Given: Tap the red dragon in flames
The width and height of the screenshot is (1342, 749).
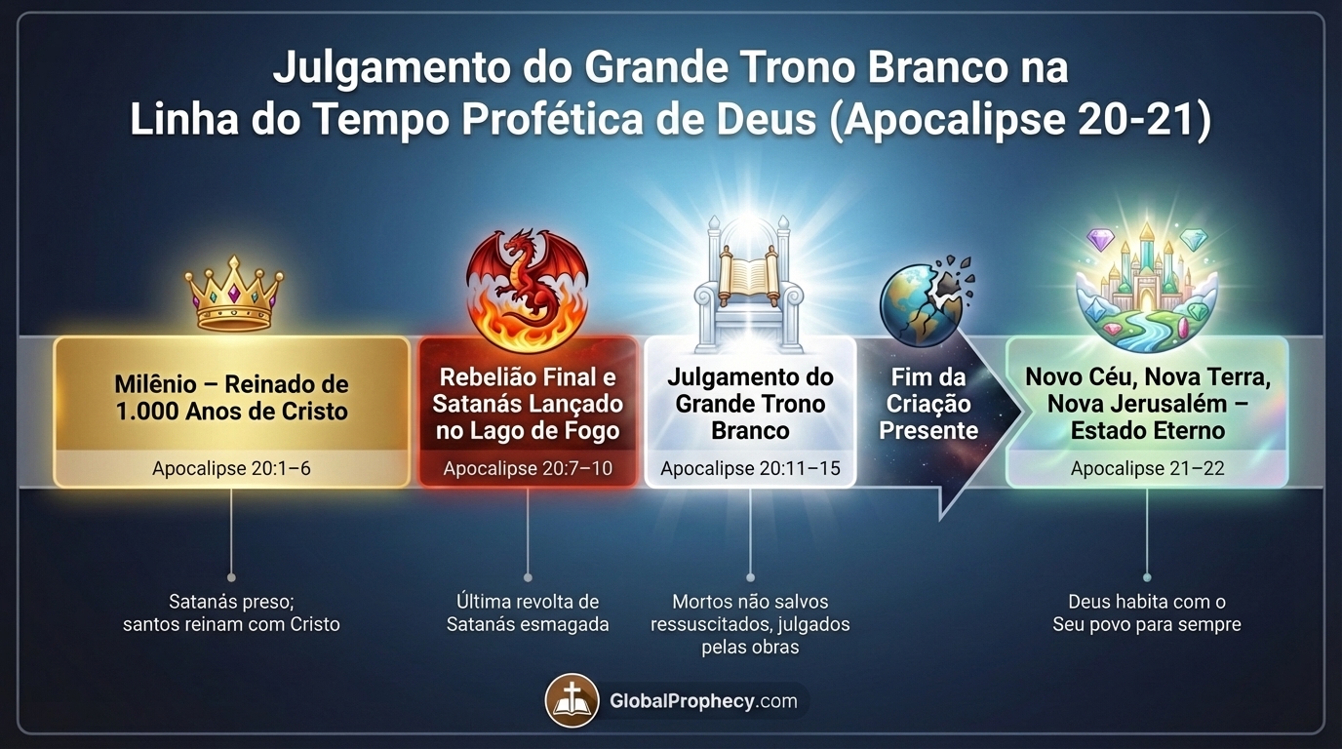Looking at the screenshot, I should click(x=527, y=287).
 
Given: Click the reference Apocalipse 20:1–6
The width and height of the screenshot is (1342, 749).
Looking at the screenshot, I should click(x=231, y=469).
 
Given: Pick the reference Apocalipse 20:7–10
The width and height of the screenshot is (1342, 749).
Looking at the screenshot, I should click(x=528, y=469).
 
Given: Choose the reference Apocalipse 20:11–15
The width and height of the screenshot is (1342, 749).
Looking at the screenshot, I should click(x=750, y=469).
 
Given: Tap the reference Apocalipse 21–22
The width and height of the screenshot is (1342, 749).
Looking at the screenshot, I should click(x=1147, y=469).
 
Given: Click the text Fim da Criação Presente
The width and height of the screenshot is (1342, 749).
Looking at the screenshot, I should click(x=928, y=404).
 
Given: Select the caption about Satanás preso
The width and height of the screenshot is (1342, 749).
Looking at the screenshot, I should click(x=231, y=612).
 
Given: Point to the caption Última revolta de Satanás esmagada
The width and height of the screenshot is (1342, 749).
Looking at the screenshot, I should click(x=528, y=612).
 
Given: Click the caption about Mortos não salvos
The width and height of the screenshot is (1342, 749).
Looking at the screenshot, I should click(x=750, y=624).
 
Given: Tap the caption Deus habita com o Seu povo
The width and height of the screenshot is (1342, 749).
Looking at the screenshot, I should click(x=1147, y=612).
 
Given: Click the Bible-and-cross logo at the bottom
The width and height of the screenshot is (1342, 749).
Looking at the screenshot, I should click(x=572, y=700).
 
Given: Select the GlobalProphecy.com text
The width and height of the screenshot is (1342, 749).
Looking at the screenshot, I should click(x=703, y=701).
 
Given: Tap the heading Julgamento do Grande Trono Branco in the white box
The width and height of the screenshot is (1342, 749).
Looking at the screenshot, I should click(x=750, y=404).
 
